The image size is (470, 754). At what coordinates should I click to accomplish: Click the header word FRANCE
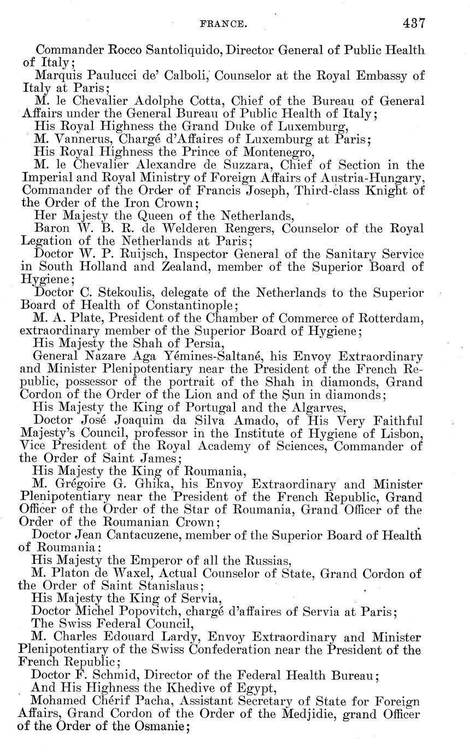point(224,24)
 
